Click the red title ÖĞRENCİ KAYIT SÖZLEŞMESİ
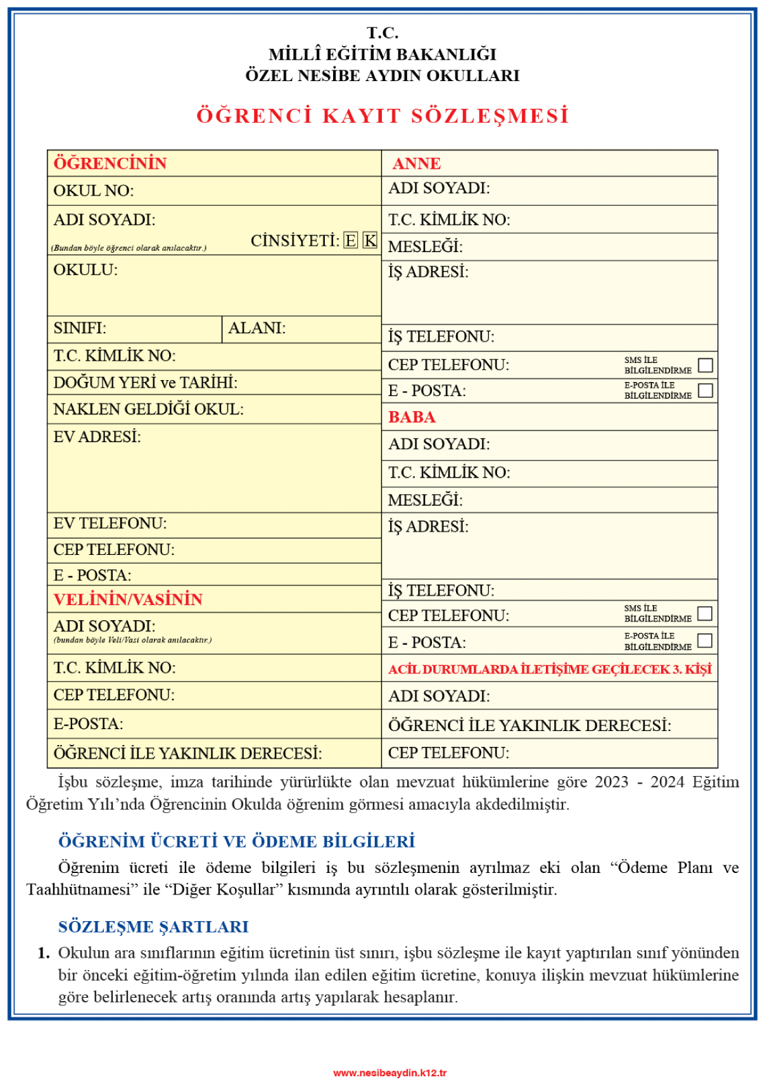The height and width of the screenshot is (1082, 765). point(382,116)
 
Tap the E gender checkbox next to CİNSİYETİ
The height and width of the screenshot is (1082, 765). point(350,241)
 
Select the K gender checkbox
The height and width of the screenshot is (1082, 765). point(370,241)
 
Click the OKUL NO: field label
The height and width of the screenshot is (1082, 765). point(93,191)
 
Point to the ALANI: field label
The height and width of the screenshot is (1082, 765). point(256,328)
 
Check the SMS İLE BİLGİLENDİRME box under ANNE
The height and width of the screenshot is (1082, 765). point(705,366)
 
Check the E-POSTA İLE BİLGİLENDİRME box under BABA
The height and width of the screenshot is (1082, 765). point(704,640)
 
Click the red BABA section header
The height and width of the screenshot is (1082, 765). point(412,417)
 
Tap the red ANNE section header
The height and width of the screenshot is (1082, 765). point(416,163)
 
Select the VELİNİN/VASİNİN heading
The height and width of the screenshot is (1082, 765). point(128,599)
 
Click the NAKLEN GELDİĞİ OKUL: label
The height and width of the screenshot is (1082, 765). point(148,409)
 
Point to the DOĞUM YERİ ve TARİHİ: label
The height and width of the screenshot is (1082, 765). point(145,383)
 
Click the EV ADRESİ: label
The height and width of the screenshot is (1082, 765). point(97,436)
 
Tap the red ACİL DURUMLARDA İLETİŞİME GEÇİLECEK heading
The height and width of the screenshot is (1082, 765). point(549,670)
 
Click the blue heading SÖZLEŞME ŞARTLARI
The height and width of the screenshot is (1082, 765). point(153,927)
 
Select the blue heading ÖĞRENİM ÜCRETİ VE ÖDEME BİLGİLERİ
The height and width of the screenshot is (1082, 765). point(236,841)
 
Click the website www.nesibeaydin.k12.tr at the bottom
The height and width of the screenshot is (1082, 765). point(389,1072)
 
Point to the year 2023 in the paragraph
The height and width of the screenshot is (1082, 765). point(611,782)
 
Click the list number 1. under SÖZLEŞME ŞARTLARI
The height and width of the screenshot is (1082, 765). point(43,953)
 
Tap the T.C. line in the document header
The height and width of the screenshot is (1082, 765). point(382,33)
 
